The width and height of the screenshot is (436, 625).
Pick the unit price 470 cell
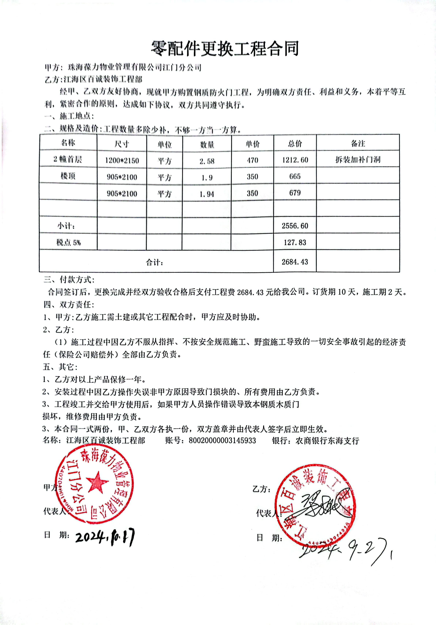tap(252, 160)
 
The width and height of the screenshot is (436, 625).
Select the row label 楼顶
tap(68, 176)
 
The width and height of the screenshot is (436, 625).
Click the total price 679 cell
tap(295, 193)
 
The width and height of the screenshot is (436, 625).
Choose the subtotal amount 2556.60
tap(295, 226)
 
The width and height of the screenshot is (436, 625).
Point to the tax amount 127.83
tap(295, 242)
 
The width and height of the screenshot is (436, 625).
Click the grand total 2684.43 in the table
tap(295, 262)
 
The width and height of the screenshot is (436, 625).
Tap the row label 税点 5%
tap(68, 242)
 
